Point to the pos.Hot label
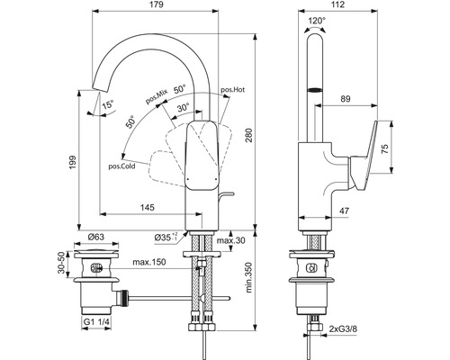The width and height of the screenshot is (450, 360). pyautogui.click(x=232, y=91)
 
